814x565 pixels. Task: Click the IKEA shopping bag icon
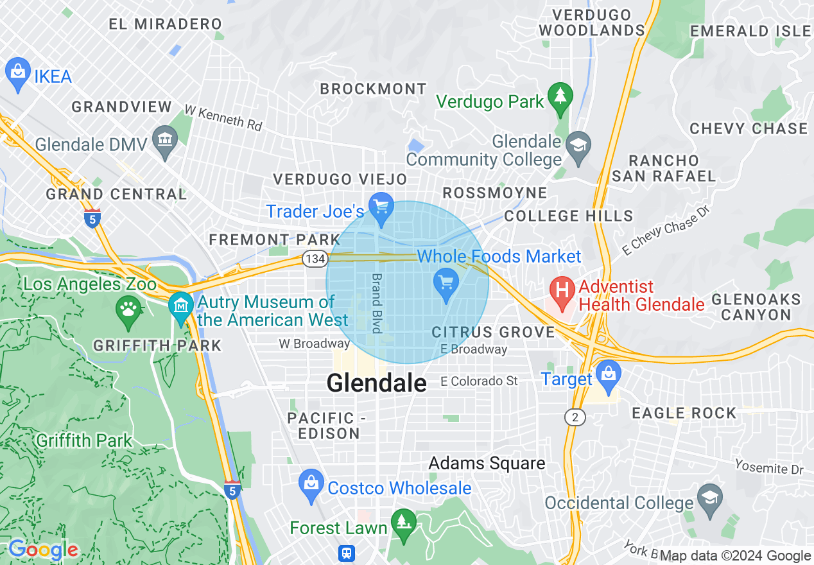pos(17,75)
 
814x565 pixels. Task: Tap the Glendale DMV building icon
pos(166,142)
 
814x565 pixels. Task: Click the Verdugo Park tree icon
pos(561,98)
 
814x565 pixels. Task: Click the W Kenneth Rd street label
pos(223,118)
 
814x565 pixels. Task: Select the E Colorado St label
pos(479,381)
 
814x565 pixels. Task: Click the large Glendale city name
pos(376,383)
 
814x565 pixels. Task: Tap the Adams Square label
pos(487,463)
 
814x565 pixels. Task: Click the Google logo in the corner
pos(43,550)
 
